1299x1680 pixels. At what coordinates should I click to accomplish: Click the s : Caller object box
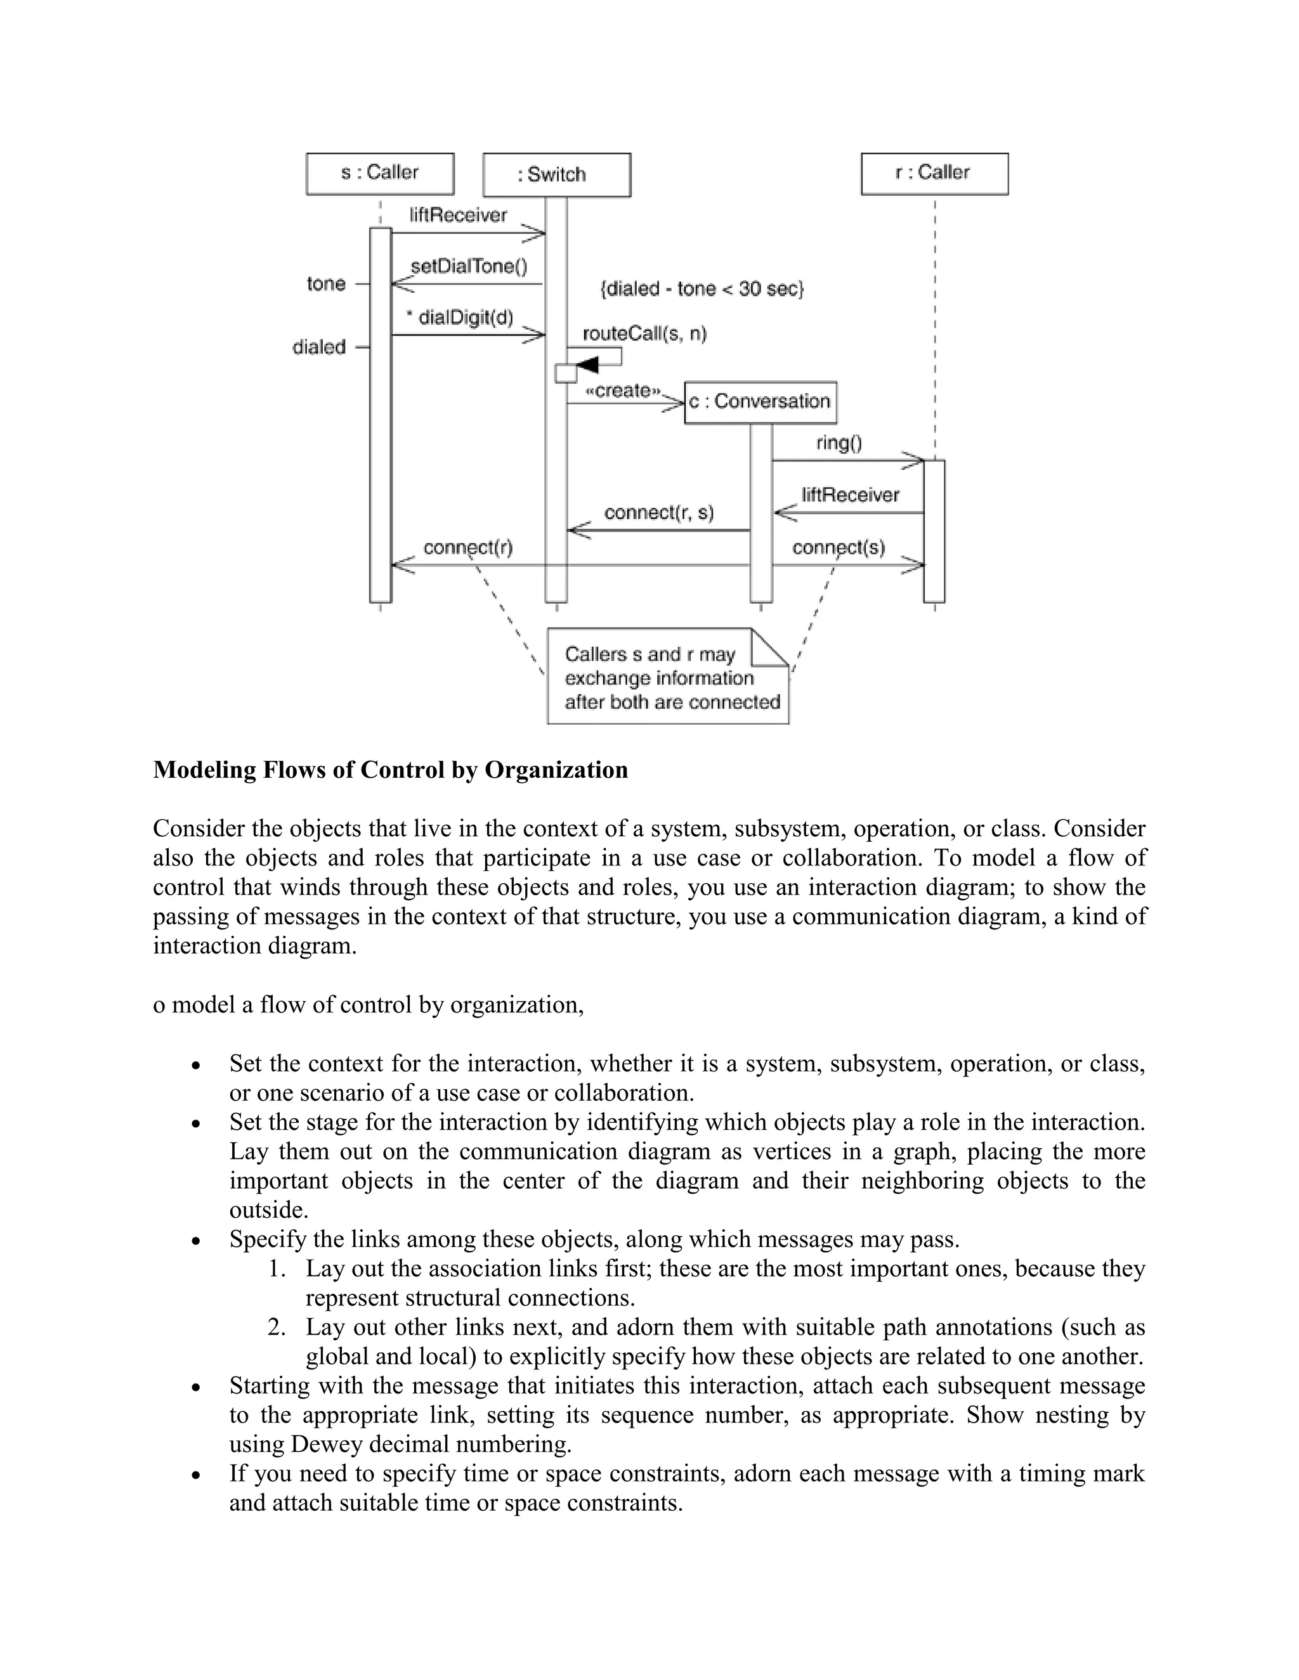(x=379, y=173)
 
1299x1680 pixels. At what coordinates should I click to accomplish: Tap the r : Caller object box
(x=934, y=173)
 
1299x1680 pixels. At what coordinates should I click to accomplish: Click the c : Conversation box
(x=759, y=401)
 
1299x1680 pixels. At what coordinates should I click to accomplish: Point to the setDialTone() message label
(x=469, y=267)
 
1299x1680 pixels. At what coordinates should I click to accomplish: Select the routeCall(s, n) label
(x=644, y=334)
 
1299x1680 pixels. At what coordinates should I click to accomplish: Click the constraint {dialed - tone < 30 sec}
(x=701, y=289)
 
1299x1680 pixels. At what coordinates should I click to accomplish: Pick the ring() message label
(x=839, y=443)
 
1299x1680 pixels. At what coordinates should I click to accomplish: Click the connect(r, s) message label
(x=659, y=512)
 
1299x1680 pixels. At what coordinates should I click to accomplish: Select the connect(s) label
(x=838, y=548)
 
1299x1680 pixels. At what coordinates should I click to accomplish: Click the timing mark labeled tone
(x=326, y=284)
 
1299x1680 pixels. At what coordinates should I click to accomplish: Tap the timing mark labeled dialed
(x=318, y=347)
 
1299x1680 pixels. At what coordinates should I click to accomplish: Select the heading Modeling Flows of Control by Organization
(x=390, y=770)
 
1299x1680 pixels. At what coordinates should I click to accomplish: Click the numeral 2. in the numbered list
(x=277, y=1327)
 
